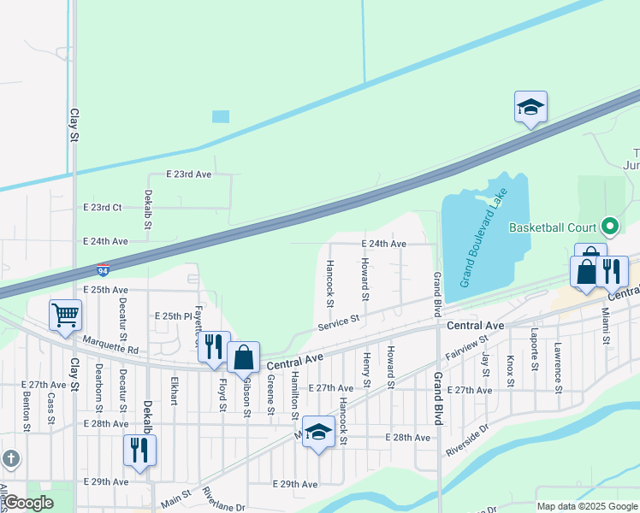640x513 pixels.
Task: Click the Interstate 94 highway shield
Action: [103, 269]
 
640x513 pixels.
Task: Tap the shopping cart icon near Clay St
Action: [66, 315]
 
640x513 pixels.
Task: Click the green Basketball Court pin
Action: [610, 227]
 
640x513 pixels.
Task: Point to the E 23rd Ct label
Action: [103, 208]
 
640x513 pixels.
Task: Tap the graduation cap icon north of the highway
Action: [530, 107]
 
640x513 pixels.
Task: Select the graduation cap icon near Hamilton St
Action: [318, 432]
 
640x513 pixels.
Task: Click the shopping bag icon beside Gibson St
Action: [244, 357]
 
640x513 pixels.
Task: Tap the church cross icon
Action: [9, 458]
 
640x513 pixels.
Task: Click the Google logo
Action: [28, 503]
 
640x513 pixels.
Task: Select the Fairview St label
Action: [465, 348]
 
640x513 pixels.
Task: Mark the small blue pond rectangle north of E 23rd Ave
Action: [221, 116]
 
